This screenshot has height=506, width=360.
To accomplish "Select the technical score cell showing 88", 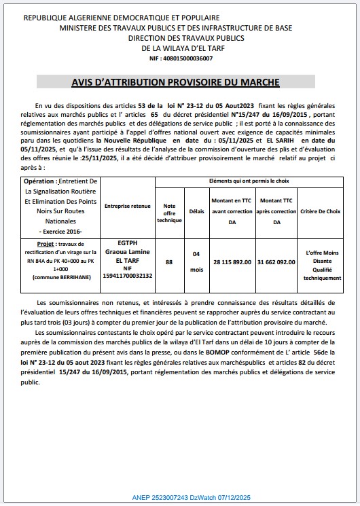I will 169,261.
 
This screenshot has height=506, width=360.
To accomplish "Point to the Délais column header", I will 196,211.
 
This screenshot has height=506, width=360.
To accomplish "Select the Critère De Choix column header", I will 323,211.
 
